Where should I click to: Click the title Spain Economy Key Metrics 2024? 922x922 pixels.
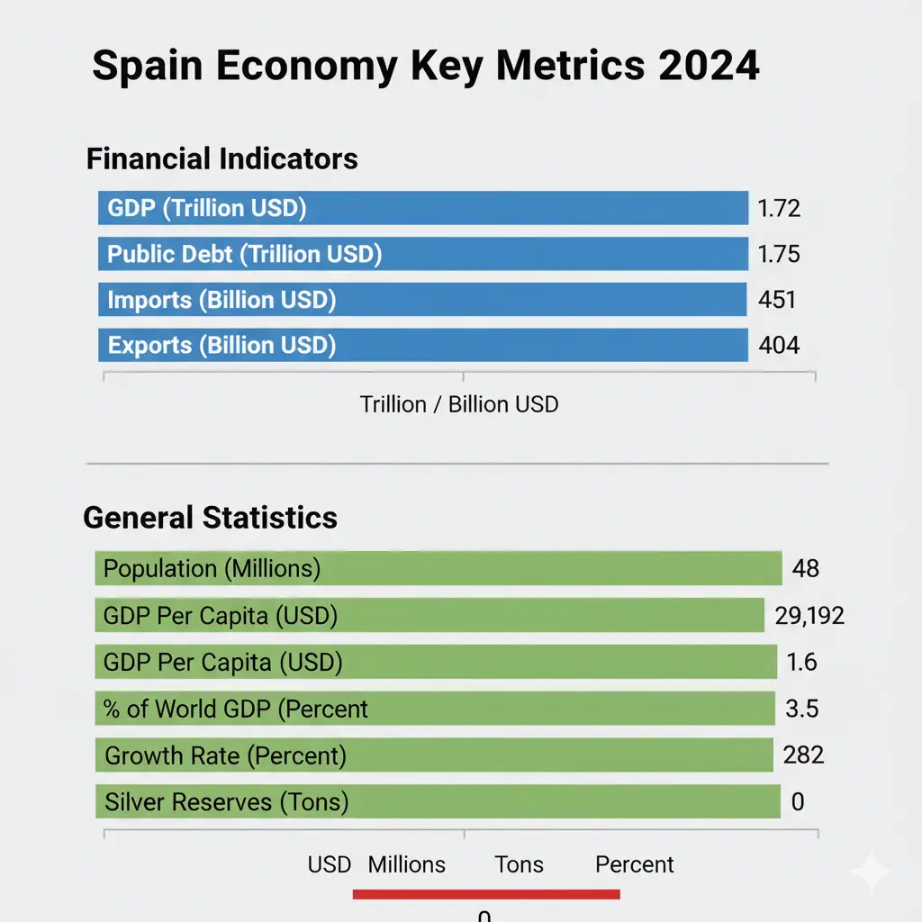click(x=425, y=68)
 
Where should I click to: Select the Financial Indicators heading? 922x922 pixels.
click(x=221, y=159)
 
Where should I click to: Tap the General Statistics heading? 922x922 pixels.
click(x=210, y=518)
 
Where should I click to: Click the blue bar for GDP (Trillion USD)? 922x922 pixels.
click(x=422, y=208)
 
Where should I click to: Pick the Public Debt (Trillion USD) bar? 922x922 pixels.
click(x=422, y=254)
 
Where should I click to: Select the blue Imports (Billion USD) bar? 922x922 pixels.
click(x=422, y=300)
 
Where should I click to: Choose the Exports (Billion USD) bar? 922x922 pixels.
click(x=422, y=345)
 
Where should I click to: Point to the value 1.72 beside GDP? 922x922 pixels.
click(x=778, y=209)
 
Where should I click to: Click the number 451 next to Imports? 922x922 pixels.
click(x=777, y=300)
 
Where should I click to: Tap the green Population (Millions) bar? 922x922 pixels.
click(x=438, y=569)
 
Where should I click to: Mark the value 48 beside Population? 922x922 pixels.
click(x=805, y=569)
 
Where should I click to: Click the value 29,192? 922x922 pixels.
click(x=809, y=616)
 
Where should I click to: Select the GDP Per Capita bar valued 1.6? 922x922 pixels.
click(x=435, y=663)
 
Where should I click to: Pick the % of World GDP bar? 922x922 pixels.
click(x=434, y=709)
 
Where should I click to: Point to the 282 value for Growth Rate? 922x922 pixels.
click(x=804, y=755)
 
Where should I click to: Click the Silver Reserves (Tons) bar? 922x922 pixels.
click(x=437, y=801)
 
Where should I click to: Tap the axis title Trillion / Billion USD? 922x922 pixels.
click(x=459, y=404)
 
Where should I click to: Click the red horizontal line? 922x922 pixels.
click(x=486, y=894)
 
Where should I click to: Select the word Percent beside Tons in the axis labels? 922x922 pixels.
click(x=634, y=865)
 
